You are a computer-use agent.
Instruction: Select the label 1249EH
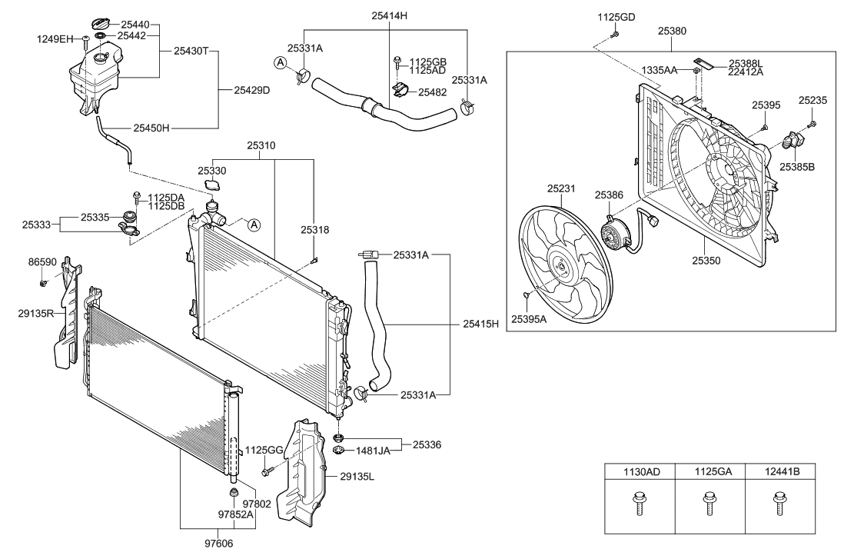(54, 38)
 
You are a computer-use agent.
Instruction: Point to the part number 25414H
(389, 15)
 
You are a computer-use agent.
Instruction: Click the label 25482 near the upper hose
(433, 92)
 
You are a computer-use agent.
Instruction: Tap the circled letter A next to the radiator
(254, 225)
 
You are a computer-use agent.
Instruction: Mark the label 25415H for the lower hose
(481, 324)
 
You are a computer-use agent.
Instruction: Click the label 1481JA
(373, 451)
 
